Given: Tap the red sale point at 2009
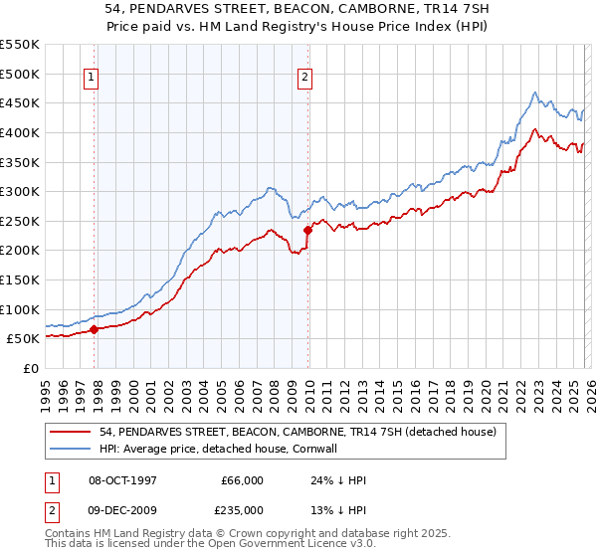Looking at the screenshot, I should coord(308,230).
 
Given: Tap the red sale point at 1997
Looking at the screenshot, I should coord(95,329).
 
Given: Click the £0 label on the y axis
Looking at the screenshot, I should coord(30,368).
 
